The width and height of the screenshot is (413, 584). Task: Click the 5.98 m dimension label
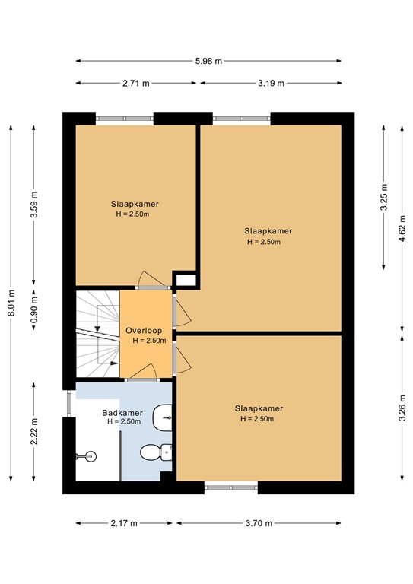[x=208, y=61]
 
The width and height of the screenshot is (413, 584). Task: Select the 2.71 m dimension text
[x=136, y=84]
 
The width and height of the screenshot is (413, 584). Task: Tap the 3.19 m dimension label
[x=271, y=84]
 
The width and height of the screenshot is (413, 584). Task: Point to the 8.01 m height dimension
[x=11, y=303]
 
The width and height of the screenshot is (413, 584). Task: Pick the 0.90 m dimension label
[x=34, y=310]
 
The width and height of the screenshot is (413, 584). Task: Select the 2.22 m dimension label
[x=34, y=431]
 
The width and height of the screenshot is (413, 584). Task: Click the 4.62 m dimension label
[x=402, y=228]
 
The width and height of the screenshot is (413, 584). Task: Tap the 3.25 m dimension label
[x=383, y=198]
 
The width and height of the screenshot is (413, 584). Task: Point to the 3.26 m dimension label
[x=402, y=408]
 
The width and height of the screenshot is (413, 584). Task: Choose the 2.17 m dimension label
[x=124, y=524]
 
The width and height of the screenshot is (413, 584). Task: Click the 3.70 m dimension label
[x=259, y=524]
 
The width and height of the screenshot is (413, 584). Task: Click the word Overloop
[x=144, y=331]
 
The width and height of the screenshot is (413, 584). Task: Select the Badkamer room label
[x=122, y=413]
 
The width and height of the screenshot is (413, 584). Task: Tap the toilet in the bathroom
[x=156, y=452]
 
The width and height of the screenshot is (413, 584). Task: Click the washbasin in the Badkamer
[x=162, y=418]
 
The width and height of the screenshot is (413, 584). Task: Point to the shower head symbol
[x=87, y=455]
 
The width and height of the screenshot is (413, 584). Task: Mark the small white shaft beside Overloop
[x=186, y=281]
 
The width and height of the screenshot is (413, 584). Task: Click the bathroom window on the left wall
[x=69, y=403]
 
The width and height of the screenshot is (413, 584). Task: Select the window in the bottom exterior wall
[x=231, y=487]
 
